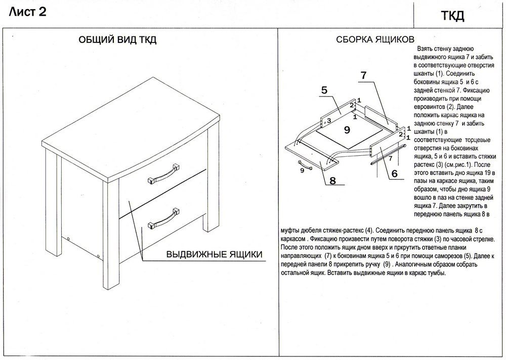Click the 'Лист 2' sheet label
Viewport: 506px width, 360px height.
pos(28,12)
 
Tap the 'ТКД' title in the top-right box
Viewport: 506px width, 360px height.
pos(452,16)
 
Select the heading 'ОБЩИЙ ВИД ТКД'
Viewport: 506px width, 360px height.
pos(117,39)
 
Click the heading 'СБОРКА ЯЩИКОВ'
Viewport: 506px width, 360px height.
pos(375,39)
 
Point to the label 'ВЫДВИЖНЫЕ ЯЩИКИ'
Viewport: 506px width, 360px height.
pos(214,254)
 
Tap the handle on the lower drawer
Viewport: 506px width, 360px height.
pos(163,218)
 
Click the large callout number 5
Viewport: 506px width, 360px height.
pos(324,91)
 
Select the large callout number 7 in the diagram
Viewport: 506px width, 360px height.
pos(364,75)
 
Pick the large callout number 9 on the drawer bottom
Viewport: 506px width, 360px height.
pos(347,129)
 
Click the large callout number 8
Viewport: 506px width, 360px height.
pos(333,181)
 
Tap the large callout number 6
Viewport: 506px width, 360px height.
pos(394,174)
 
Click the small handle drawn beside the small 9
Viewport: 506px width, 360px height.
pos(305,164)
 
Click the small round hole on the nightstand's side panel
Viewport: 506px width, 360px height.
pos(69,239)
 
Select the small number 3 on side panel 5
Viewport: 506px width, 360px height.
pos(329,121)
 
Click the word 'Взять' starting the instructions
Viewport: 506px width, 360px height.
pos(425,49)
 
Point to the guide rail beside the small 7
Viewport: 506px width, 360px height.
pos(388,155)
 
